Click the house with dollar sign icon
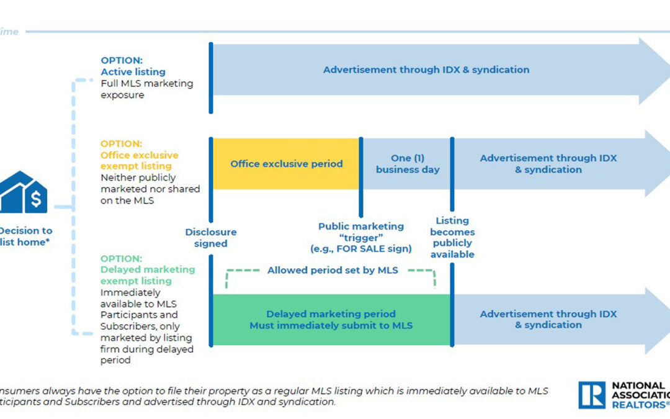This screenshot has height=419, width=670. pos(24,192)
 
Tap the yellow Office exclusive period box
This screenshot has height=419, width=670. pos(286,164)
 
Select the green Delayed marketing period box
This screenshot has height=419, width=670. pos(331,320)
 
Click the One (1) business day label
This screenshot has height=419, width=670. pos(408,164)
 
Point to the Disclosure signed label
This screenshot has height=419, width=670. pos(211,238)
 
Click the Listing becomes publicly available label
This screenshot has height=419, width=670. pos(452,237)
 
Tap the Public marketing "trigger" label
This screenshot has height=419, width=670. pos(361,237)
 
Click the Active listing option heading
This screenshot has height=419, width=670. pos(133,72)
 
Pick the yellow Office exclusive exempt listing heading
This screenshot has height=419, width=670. pos(139,160)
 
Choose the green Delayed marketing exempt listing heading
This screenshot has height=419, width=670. pos(147,275)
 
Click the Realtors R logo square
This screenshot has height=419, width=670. pos(592,395)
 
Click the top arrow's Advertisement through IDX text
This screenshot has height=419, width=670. pos(426,70)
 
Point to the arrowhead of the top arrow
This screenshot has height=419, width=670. pos(654,70)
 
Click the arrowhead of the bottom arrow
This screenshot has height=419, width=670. pos(656,320)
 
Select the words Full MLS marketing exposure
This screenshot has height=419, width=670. pos(147,89)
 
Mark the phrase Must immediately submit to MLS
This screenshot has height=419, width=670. pos(331,326)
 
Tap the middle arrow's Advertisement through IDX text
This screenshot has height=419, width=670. pos(548,164)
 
